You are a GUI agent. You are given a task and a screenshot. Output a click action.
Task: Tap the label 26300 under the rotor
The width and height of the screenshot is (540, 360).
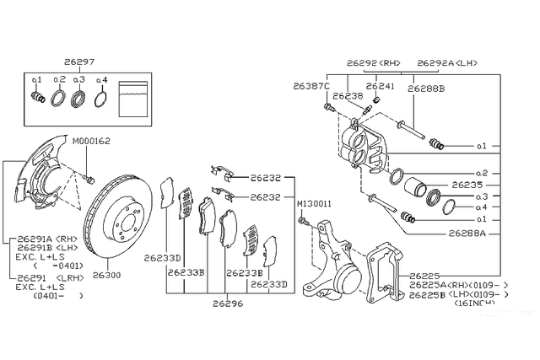point(107,275)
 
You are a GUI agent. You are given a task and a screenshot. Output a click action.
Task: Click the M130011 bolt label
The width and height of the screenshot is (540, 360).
point(312,204)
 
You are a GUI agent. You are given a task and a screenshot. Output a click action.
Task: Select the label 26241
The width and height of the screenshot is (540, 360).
point(381,85)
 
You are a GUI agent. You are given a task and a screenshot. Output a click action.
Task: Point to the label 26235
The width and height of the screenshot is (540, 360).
point(466,184)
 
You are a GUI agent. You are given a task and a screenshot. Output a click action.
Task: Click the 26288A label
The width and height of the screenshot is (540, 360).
point(466,231)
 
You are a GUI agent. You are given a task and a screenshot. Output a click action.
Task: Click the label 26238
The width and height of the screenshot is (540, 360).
point(347,96)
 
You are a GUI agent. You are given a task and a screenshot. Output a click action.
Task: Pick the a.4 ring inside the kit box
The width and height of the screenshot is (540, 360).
point(100,98)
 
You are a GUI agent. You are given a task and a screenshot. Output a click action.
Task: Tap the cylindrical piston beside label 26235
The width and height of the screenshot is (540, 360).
point(413,187)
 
